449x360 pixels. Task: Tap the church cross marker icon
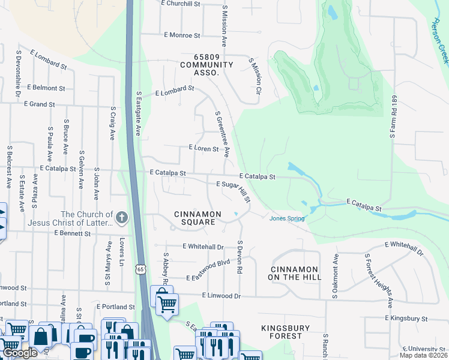(x=122, y=218)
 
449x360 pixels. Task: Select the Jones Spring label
(x=286, y=218)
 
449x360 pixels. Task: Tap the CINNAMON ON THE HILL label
(x=296, y=273)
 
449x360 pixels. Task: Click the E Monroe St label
(x=181, y=35)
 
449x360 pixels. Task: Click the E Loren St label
(x=203, y=147)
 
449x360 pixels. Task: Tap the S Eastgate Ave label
(x=138, y=113)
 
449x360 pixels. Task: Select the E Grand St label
(x=39, y=104)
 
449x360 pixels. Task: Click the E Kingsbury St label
(x=406, y=318)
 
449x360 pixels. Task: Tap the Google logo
(x=20, y=353)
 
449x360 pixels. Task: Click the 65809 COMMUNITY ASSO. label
(x=198, y=68)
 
